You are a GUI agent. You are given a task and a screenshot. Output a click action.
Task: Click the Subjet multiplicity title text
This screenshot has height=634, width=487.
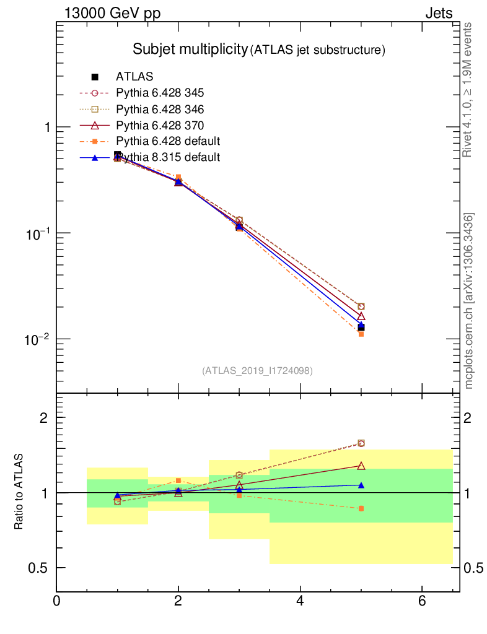(190, 50)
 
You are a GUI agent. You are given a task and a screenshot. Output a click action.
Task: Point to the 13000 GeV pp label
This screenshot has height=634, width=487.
(112, 14)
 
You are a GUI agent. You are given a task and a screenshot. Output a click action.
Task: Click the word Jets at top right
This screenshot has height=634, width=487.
(438, 14)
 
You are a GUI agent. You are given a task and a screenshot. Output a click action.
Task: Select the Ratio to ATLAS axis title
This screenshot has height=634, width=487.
(19, 493)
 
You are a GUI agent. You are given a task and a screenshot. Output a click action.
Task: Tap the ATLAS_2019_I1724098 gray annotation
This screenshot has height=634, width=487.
(257, 370)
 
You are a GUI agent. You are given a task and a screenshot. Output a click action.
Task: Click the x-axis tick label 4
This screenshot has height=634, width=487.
(300, 601)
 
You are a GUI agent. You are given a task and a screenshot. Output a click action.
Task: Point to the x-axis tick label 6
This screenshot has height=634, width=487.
(422, 601)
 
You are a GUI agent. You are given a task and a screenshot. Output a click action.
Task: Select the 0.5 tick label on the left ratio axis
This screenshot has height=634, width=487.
(40, 568)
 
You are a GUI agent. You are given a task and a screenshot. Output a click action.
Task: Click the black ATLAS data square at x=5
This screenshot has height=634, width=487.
(361, 328)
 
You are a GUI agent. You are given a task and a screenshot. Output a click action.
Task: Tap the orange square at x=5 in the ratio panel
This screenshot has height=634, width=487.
(361, 508)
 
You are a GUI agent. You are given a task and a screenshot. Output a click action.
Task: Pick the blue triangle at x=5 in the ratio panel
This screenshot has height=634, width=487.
(361, 485)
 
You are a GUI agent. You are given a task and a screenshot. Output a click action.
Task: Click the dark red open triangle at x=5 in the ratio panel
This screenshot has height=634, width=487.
(361, 466)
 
